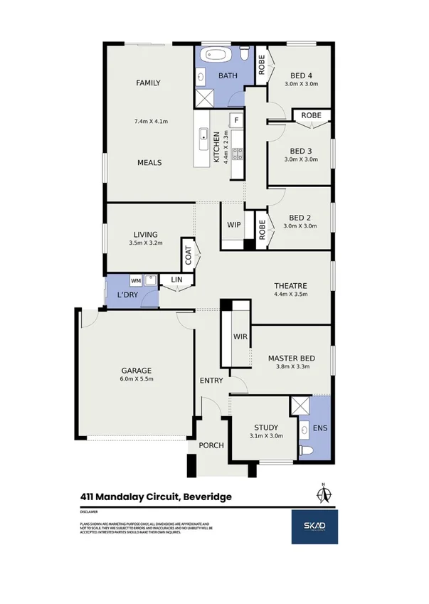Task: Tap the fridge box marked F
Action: click(x=235, y=120)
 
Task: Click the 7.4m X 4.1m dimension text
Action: click(x=151, y=121)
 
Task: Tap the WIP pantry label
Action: click(x=233, y=224)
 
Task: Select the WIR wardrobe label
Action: click(x=240, y=337)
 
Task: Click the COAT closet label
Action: click(x=189, y=256)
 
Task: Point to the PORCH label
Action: click(x=211, y=445)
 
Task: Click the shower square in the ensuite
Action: click(x=299, y=407)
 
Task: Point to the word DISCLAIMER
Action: click(x=90, y=511)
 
